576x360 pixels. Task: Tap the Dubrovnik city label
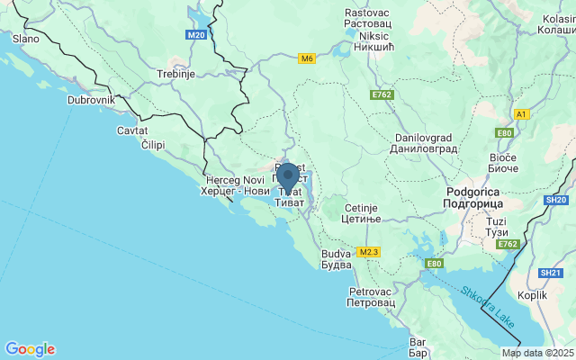tap(91, 101)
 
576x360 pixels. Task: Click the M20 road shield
tap(197, 35)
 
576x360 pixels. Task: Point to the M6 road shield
tap(308, 59)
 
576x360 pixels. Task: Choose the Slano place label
tap(24, 39)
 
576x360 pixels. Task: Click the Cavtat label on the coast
tap(132, 130)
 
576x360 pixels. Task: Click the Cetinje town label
tap(364, 213)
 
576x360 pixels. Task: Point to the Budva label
tap(337, 259)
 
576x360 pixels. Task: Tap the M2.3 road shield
tap(369, 251)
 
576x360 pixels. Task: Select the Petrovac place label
tap(372, 297)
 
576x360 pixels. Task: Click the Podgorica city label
tap(473, 198)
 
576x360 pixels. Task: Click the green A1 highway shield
tap(521, 114)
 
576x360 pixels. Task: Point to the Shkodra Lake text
tap(490, 306)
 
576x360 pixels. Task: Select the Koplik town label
tap(533, 294)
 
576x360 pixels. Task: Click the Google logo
tap(30, 349)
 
